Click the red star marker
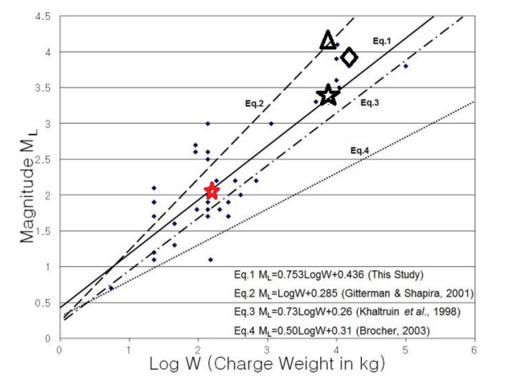[211, 191]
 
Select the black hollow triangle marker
[327, 39]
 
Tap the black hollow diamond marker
[349, 57]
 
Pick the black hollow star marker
[327, 96]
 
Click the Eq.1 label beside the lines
[381, 39]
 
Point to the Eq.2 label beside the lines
[255, 103]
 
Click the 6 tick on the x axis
[474, 350]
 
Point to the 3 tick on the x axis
[266, 350]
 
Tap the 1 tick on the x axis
[129, 350]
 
